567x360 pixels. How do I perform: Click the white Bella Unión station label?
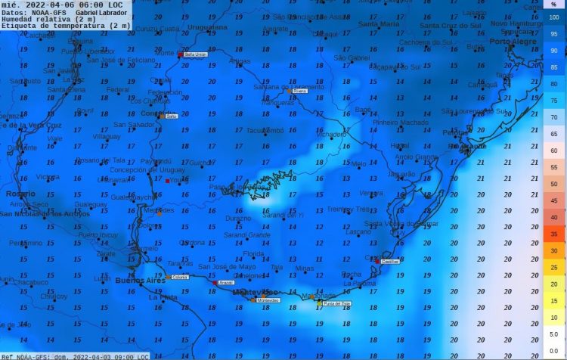tap(195, 55)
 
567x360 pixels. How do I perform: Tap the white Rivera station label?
tap(299, 91)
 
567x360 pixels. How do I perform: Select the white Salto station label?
tap(171, 116)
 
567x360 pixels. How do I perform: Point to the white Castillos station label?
tap(389, 261)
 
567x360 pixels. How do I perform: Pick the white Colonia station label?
tap(180, 278)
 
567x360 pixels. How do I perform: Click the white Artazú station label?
tap(226, 283)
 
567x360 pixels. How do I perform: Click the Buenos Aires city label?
tap(140, 281)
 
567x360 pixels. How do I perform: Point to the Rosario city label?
tap(20, 194)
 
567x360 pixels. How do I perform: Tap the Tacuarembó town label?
tap(265, 130)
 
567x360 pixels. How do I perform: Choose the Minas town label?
tap(304, 268)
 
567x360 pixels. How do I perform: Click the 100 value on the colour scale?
tap(554, 17)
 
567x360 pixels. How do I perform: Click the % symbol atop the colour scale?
tap(554, 5)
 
